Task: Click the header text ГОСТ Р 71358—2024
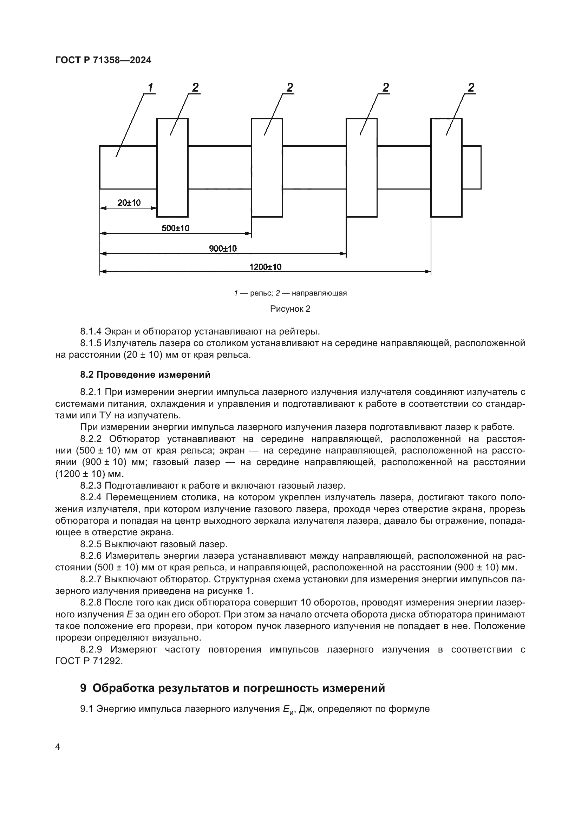click(x=103, y=60)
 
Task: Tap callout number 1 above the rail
click(x=151, y=87)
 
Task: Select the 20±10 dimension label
click(x=129, y=203)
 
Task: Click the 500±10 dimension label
click(x=175, y=228)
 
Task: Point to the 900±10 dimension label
click(x=223, y=249)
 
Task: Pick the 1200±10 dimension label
click(x=266, y=267)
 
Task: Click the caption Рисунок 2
click(x=290, y=309)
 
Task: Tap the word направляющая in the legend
click(x=319, y=293)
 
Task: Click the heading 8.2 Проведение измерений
click(x=145, y=375)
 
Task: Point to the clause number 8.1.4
click(x=91, y=331)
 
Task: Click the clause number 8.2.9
click(x=91, y=649)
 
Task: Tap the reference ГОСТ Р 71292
click(x=89, y=661)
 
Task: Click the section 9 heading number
click(x=83, y=688)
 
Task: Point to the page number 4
click(x=58, y=747)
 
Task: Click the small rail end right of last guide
click(x=471, y=167)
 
